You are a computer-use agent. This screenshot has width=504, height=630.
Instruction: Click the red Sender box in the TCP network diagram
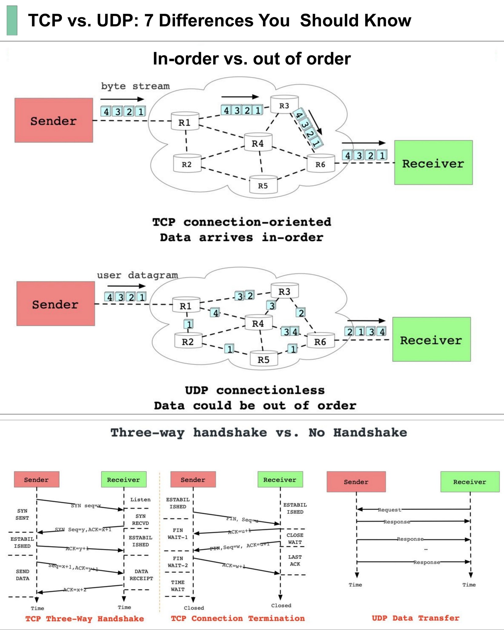tap(54, 120)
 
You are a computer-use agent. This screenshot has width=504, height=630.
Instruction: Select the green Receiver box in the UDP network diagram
tap(431, 339)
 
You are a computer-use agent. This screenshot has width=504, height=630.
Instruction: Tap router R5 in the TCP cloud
tap(263, 185)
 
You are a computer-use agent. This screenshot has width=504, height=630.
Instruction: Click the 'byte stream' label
tap(135, 86)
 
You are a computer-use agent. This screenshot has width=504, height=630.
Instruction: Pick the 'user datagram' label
tap(137, 275)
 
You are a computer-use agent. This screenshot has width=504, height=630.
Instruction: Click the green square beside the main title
tap(12, 21)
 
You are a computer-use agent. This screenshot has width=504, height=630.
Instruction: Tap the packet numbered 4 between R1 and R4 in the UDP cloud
tap(216, 313)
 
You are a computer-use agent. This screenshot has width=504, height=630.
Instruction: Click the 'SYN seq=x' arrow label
tap(86, 506)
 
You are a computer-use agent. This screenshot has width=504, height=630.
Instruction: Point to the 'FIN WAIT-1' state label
tap(178, 534)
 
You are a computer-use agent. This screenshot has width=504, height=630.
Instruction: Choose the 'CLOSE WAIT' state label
tap(295, 539)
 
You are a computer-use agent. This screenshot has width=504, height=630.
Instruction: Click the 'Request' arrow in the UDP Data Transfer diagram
tap(389, 510)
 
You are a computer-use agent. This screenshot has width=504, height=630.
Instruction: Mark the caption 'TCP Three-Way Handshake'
tap(85, 619)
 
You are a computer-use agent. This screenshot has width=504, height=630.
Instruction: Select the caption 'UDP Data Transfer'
tap(415, 618)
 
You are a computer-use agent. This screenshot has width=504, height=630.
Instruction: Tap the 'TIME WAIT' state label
tap(178, 586)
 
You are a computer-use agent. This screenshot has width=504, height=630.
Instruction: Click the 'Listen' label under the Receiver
tap(141, 500)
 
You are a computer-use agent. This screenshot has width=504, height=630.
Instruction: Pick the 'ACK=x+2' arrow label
tap(75, 590)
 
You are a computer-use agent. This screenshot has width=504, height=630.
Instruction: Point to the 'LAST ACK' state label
tap(295, 560)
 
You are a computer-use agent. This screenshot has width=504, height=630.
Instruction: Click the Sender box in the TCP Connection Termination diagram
tap(193, 479)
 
